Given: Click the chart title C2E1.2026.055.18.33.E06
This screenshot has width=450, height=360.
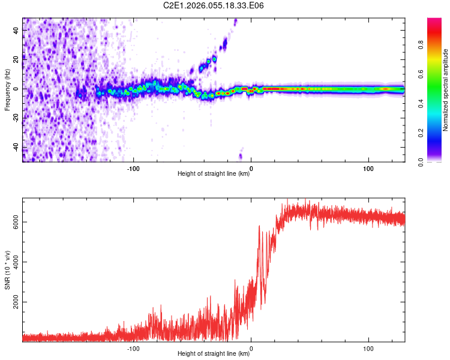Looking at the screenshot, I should pyautogui.click(x=214, y=5).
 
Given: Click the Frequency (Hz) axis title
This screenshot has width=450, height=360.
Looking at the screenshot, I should pyautogui.click(x=7, y=89).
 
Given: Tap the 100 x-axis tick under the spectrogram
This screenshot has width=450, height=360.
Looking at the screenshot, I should pyautogui.click(x=368, y=168).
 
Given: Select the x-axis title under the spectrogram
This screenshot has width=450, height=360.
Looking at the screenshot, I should pyautogui.click(x=214, y=174).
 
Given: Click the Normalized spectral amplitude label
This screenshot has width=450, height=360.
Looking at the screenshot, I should pyautogui.click(x=446, y=90).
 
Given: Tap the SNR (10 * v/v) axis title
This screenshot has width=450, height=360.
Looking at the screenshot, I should pyautogui.click(x=7, y=271).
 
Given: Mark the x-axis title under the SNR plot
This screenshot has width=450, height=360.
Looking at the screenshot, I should pyautogui.click(x=214, y=354).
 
